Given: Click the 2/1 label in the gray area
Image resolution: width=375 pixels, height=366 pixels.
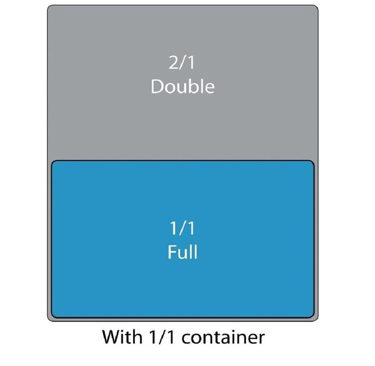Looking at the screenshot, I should pos(182,63).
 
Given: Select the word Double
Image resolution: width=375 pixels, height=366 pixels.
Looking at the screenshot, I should pos(183,87).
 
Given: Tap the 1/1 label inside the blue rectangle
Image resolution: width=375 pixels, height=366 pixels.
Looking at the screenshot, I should pos(182,229).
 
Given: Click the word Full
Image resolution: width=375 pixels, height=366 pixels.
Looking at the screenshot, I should pos(183,252).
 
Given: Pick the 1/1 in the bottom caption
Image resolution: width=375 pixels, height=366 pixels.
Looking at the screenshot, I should pos(163,337).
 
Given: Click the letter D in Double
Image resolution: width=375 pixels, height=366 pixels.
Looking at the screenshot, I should pos(157,87).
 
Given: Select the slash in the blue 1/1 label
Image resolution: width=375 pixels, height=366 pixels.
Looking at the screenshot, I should pos(183,229).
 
